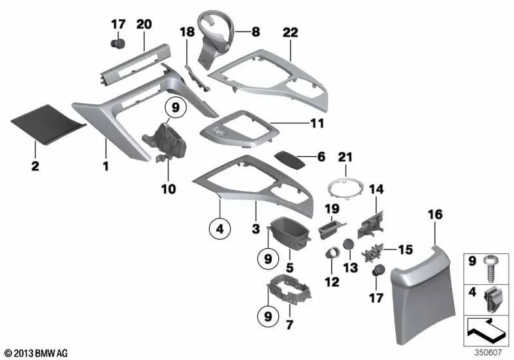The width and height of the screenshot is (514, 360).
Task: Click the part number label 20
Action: click(x=143, y=24)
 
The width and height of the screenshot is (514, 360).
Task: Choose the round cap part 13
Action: click(x=348, y=244)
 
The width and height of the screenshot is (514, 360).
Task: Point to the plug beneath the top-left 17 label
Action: click(x=117, y=45)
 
